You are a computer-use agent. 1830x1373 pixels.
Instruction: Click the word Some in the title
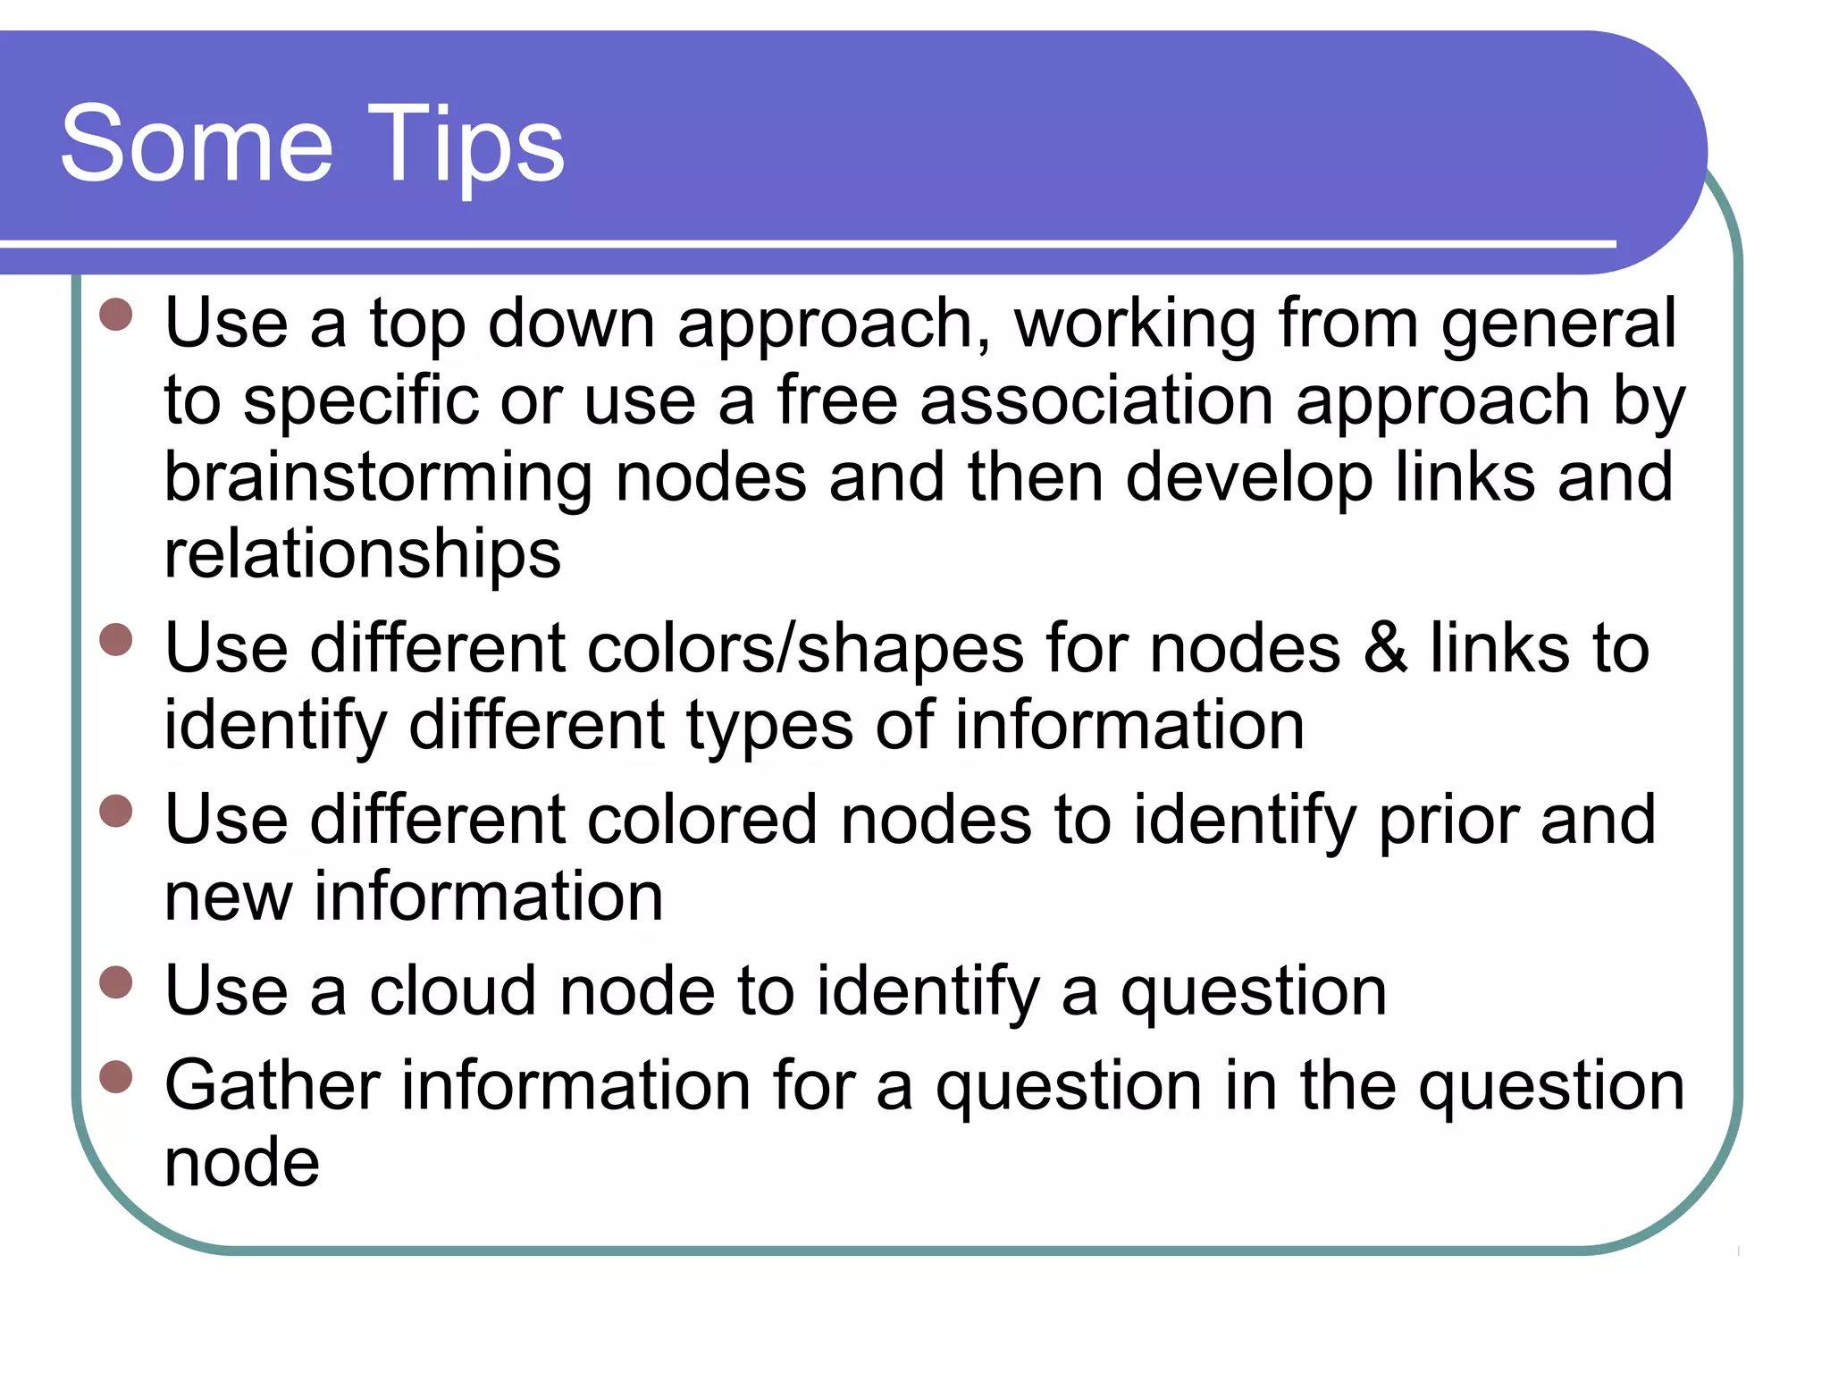197,143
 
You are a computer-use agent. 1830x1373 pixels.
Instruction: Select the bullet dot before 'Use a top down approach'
116,315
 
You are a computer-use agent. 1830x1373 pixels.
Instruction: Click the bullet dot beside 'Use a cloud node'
116,981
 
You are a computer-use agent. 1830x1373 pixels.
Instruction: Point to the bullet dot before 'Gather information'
116,1077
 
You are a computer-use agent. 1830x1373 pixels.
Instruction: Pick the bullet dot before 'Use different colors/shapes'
116,640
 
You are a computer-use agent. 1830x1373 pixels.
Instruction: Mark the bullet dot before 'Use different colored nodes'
116,812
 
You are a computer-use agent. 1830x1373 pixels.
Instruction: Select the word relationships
363,554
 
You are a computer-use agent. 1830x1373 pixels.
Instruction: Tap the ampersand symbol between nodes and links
1385,649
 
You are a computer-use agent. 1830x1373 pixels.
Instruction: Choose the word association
1096,400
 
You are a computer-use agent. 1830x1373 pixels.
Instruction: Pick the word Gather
272,1086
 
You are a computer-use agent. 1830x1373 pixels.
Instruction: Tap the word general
1558,324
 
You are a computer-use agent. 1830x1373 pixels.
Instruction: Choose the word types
769,726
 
